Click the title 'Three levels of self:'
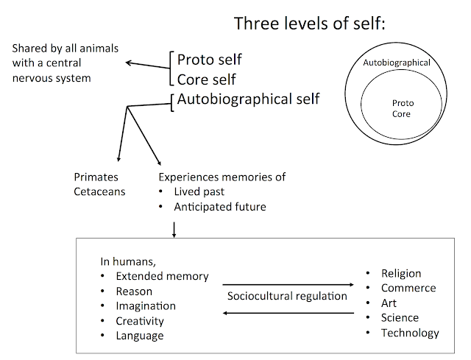tap(309, 24)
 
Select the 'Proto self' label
tap(209, 60)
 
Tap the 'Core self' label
tap(206, 80)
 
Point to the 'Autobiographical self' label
tap(249, 99)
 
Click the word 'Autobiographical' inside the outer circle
tap(397, 63)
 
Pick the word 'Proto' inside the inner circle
tap(403, 103)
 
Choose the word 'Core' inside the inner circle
tap(401, 114)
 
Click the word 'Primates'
tap(96, 177)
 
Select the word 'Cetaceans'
tap(99, 191)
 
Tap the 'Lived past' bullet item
tap(199, 191)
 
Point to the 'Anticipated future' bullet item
tap(220, 207)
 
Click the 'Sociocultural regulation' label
tap(287, 296)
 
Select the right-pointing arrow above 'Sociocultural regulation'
tap(288, 284)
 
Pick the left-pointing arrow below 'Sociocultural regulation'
tap(288, 313)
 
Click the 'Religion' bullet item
tap(401, 273)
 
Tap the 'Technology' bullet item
tap(410, 333)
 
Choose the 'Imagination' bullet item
tap(146, 306)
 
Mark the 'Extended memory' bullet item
tap(162, 276)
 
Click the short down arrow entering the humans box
tap(174, 230)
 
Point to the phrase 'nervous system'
tap(52, 78)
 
